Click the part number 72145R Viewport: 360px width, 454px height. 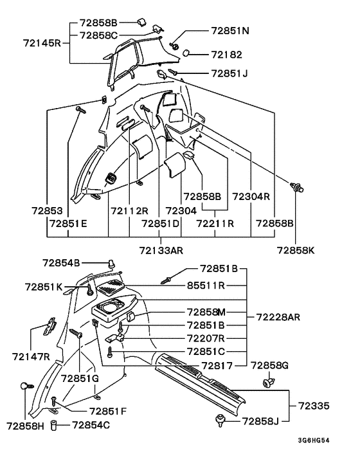[42, 44]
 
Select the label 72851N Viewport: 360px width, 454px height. [230, 31]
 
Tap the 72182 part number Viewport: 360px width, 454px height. [226, 55]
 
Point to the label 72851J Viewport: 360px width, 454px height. [230, 73]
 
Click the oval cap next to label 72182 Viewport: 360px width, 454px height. [186, 53]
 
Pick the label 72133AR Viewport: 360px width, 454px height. [161, 250]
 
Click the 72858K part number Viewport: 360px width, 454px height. [296, 250]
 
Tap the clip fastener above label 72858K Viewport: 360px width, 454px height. [296, 186]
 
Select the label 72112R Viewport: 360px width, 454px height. [129, 210]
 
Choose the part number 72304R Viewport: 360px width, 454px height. [251, 197]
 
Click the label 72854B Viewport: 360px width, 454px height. [61, 263]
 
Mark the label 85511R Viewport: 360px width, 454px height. [206, 286]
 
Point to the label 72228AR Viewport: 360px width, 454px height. [278, 317]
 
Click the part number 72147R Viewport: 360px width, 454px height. [31, 356]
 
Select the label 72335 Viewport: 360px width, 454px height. [314, 406]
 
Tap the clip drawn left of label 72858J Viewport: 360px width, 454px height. [221, 420]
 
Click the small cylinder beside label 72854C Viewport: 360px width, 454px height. [53, 425]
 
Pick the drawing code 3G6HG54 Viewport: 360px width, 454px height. [314, 440]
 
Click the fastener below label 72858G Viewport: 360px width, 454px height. [269, 383]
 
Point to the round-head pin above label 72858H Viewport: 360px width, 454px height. [27, 386]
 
